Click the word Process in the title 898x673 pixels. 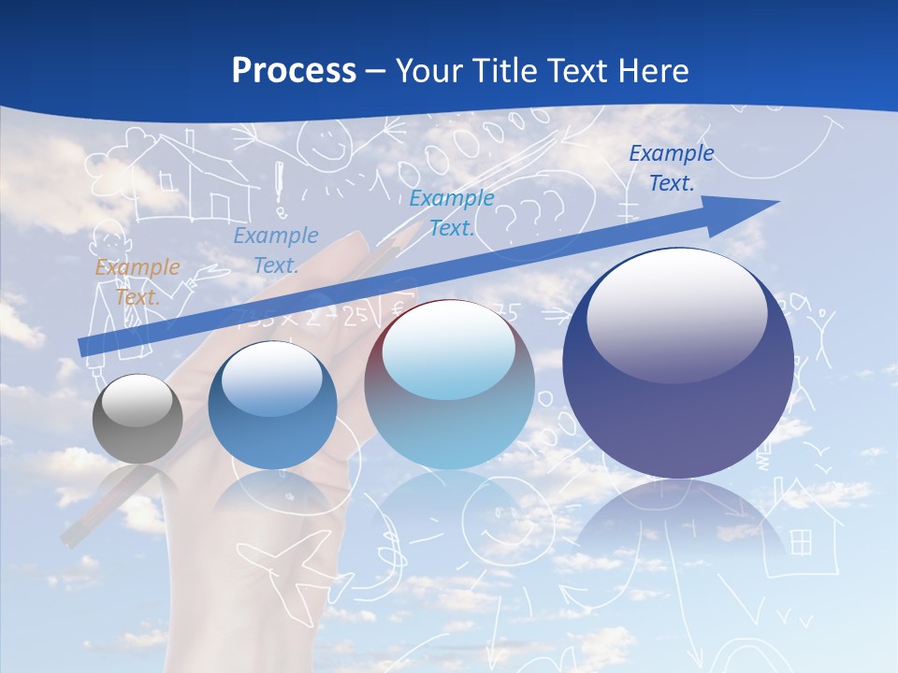[294, 70]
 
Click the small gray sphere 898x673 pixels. [138, 419]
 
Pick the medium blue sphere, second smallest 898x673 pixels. [271, 405]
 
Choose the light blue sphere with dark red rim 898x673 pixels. [449, 384]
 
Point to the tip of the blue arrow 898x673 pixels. [776, 203]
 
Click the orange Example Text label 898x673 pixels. [138, 281]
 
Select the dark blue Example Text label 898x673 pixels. [671, 168]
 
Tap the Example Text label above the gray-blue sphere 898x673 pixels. [276, 250]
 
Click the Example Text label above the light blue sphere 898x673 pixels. [452, 212]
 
